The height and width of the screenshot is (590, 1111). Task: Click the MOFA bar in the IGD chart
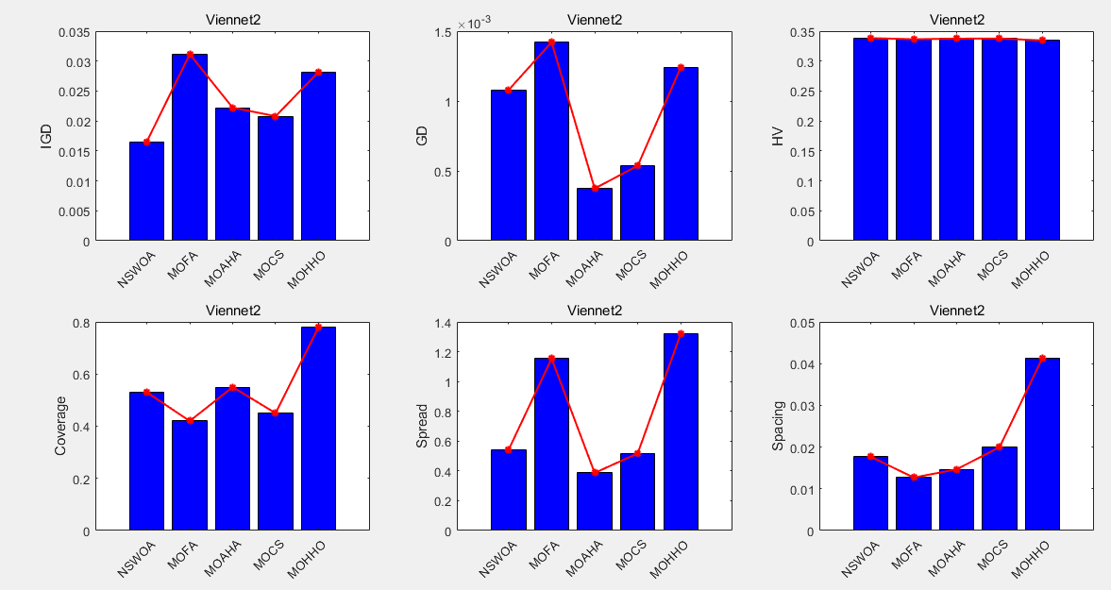click(190, 147)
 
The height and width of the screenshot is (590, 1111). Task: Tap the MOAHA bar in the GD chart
click(595, 214)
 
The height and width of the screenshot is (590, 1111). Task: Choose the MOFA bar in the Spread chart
click(551, 444)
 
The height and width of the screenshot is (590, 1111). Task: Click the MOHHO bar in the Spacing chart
click(1042, 444)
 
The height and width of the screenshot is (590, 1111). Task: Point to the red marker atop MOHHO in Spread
click(681, 333)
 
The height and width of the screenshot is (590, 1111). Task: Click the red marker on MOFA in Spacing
click(914, 477)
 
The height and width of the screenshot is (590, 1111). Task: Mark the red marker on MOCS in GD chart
click(637, 166)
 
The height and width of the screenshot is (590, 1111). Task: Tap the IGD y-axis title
click(46, 137)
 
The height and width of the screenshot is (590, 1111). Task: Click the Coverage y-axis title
click(60, 426)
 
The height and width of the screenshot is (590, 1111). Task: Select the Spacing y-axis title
click(779, 426)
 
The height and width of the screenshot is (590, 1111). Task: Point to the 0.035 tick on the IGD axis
click(76, 32)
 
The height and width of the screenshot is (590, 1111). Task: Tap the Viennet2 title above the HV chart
click(956, 19)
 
